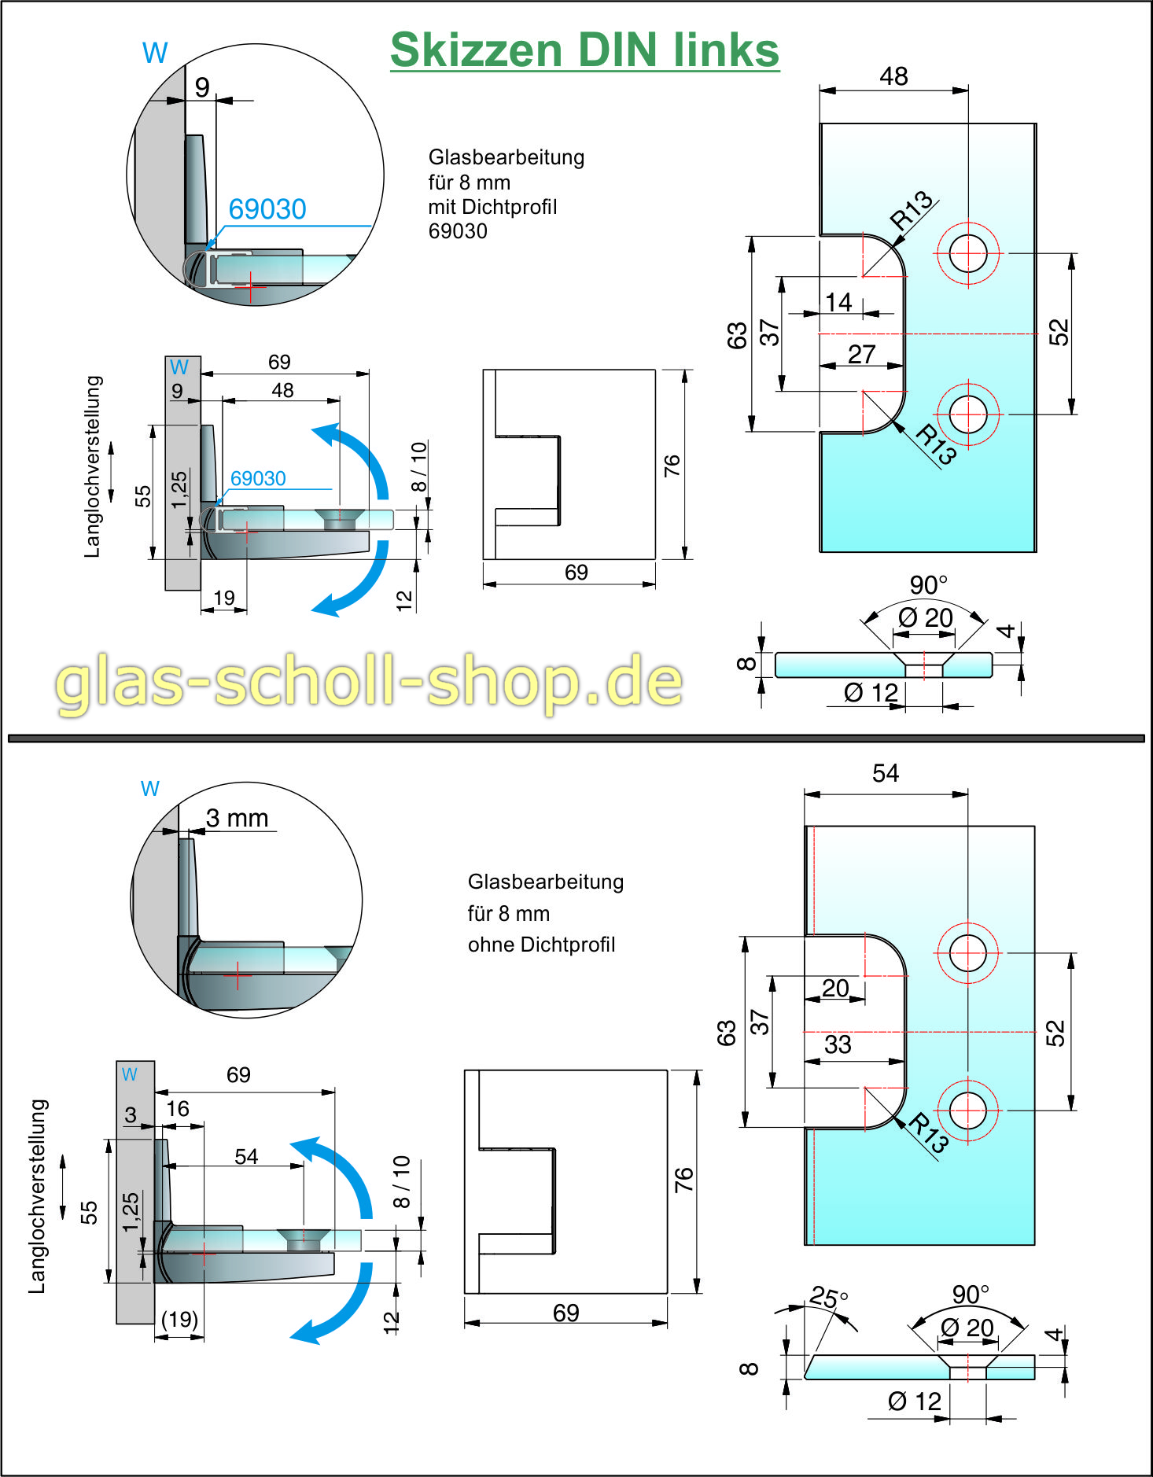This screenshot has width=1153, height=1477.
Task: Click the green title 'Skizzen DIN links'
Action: (x=584, y=50)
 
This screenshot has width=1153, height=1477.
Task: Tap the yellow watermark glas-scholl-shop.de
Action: (x=368, y=681)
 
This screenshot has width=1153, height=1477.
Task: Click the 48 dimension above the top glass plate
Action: (x=893, y=76)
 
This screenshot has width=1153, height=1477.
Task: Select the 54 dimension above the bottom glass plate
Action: (x=885, y=773)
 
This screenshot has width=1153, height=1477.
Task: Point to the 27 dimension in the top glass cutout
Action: (x=861, y=354)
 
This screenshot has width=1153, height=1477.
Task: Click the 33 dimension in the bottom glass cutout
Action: (x=838, y=1044)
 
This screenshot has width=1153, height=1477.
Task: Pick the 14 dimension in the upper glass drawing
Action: (x=838, y=302)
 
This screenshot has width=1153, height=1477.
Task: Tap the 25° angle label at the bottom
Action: (x=828, y=1297)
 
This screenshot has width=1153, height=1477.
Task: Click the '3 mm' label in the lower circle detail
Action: (x=237, y=818)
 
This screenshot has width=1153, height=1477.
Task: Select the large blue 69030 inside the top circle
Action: (x=267, y=209)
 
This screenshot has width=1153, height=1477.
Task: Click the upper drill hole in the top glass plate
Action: (x=968, y=253)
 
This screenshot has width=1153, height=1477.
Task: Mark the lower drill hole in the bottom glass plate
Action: (x=967, y=1111)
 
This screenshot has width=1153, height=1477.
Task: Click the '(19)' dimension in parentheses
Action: (x=179, y=1319)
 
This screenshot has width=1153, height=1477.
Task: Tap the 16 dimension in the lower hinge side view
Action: (x=178, y=1109)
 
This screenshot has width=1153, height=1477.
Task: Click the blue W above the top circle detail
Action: (x=155, y=53)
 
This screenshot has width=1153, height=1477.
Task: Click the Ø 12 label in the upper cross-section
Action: (x=871, y=692)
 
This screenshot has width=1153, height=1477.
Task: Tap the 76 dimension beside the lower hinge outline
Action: (x=683, y=1180)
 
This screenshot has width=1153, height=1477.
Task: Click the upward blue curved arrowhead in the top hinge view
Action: (x=327, y=434)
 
